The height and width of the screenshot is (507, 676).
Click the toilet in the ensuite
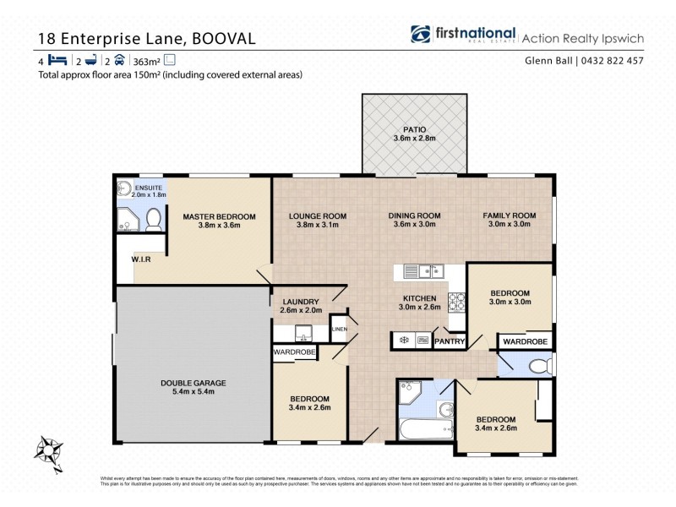(154, 220)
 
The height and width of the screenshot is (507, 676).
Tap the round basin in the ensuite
(123, 189)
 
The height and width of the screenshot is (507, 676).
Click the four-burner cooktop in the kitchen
(456, 298)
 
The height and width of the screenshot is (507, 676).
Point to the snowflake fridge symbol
(404, 341)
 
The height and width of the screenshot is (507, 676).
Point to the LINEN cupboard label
(339, 329)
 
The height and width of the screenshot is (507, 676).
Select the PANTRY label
(450, 341)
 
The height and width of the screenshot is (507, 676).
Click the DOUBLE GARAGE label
(194, 383)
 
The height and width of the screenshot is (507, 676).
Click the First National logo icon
(421, 34)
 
